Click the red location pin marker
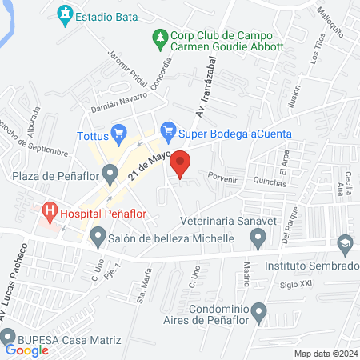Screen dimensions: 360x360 click(182, 163)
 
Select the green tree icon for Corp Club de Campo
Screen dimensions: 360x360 click(160, 37)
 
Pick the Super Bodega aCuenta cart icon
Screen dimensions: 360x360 click(168, 128)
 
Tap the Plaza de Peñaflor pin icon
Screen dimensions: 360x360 click(111, 170)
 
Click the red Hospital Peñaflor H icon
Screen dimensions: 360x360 click(50, 212)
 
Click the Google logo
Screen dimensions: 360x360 click(27, 350)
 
